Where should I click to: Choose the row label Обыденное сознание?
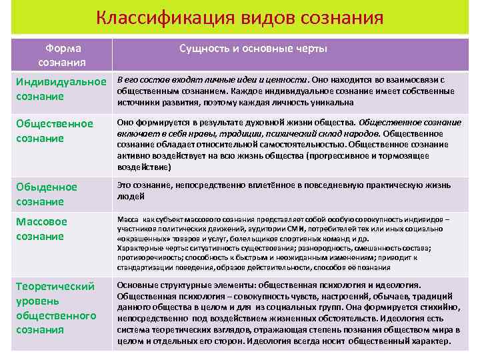47,194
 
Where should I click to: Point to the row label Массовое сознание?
41,229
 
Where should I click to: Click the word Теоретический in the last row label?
55,286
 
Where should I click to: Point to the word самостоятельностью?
285,144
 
